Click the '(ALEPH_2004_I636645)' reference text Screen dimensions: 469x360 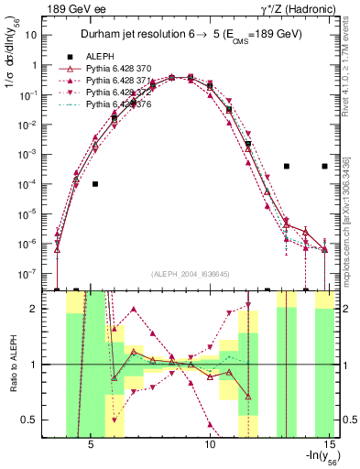(x=191, y=274)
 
